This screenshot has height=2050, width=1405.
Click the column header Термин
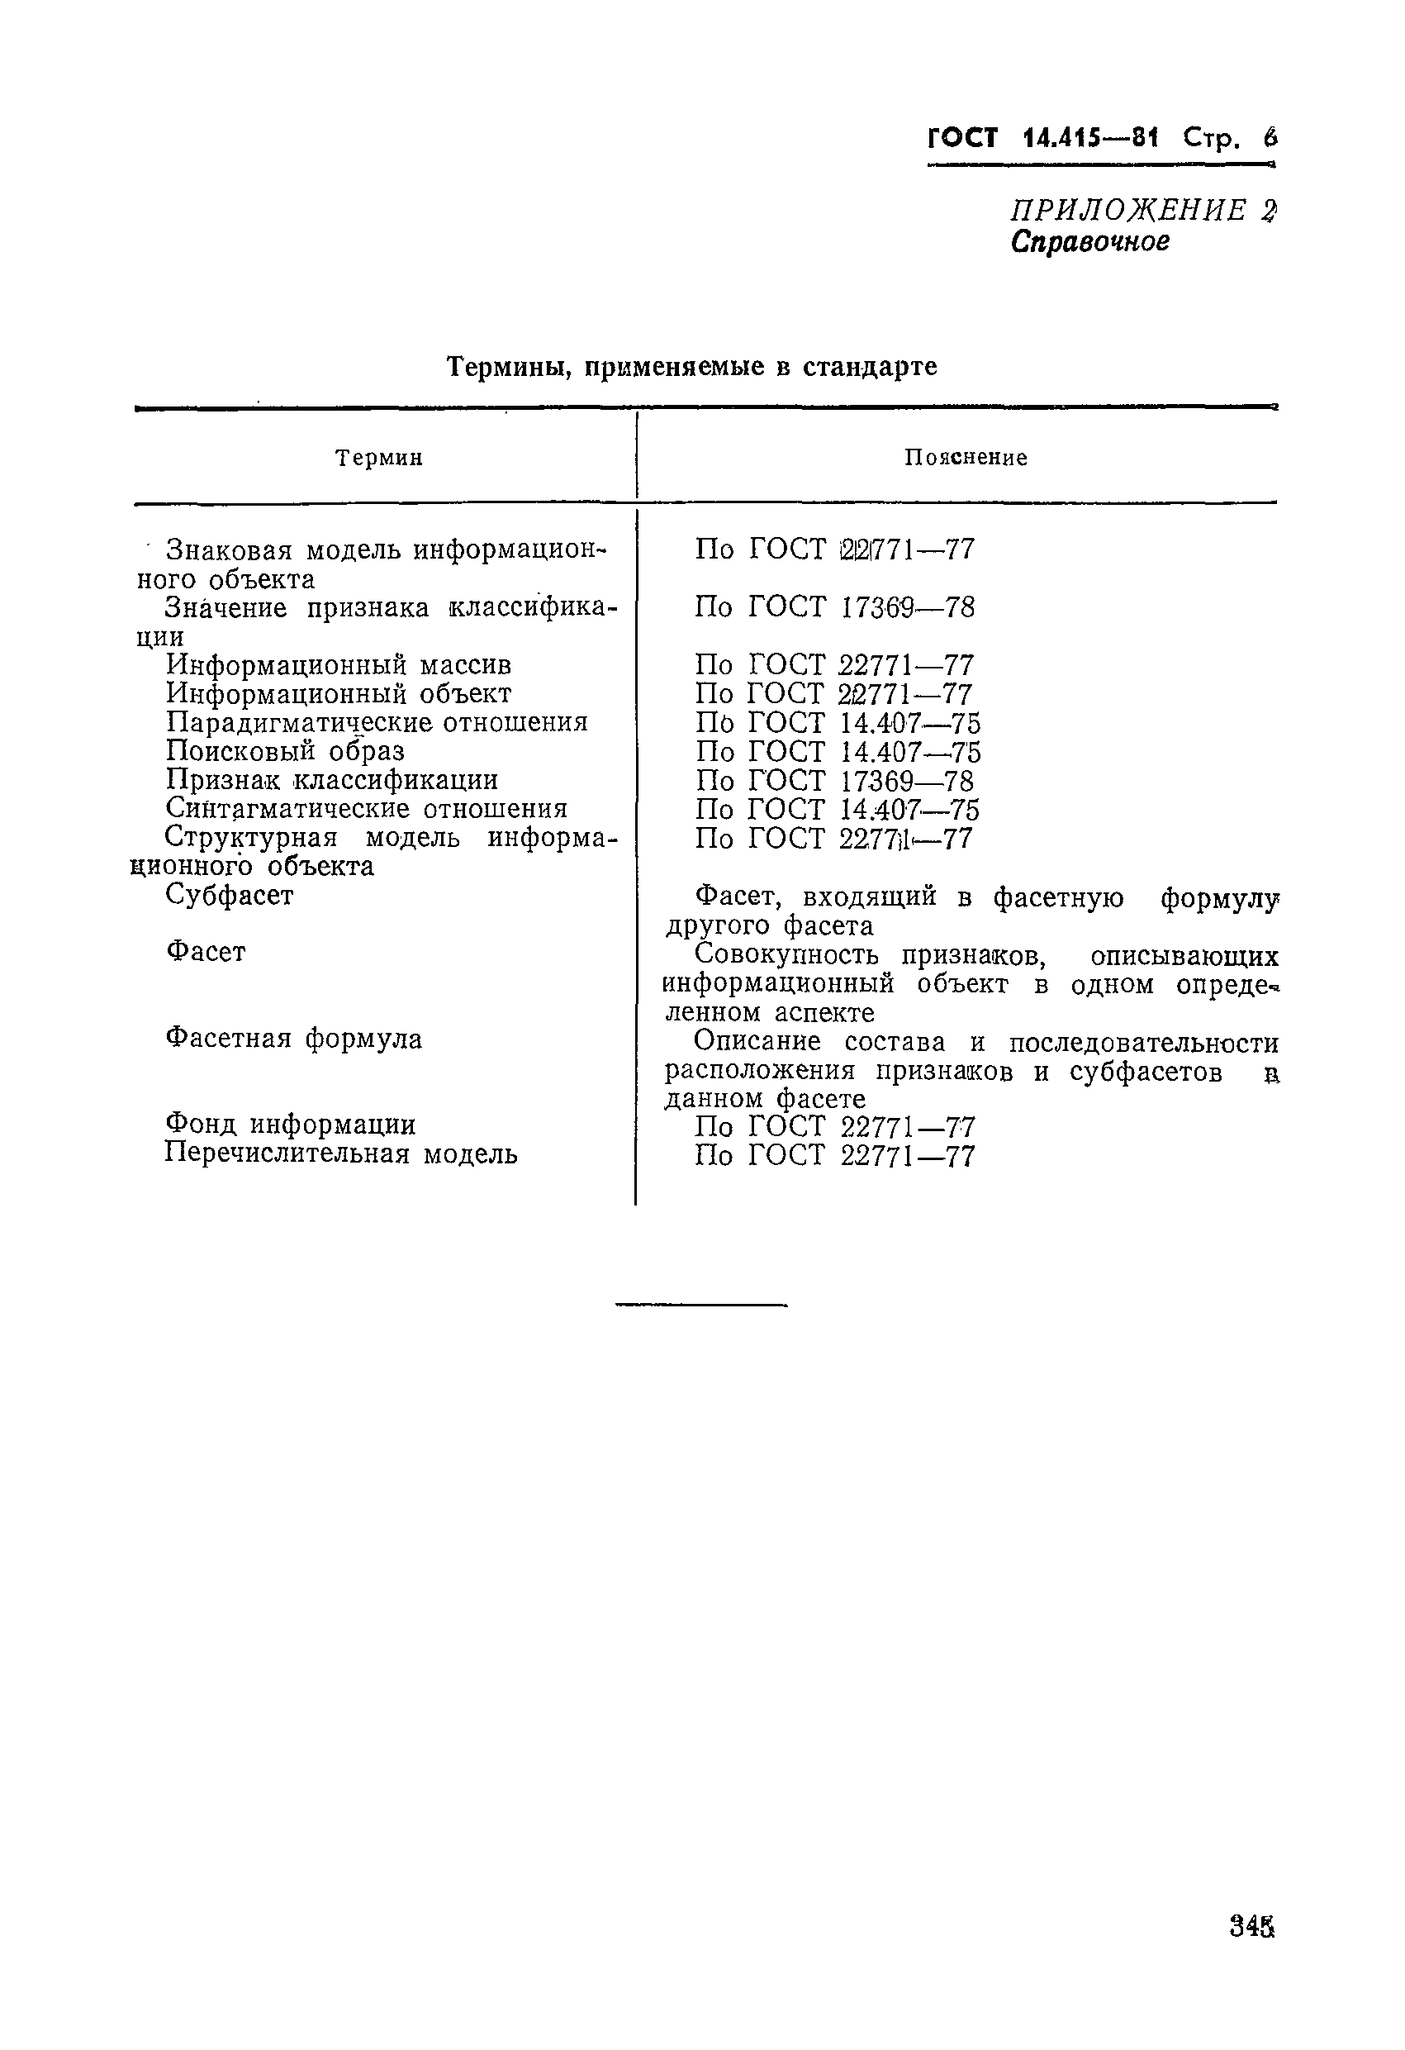tap(379, 458)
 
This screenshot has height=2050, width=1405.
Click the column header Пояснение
tap(966, 458)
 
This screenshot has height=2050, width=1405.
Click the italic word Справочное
tap(1090, 242)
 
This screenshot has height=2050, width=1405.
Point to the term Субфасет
tap(230, 896)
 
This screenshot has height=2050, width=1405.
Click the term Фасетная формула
tap(294, 1039)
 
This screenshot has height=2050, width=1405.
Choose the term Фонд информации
tap(290, 1125)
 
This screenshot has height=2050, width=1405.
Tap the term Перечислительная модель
tap(341, 1153)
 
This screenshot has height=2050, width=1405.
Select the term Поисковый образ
tap(285, 752)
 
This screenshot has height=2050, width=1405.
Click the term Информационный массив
tap(339, 665)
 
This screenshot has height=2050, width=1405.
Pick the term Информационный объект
tap(339, 694)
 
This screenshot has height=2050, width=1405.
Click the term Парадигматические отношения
tap(377, 723)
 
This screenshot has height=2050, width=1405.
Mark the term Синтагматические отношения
tap(366, 809)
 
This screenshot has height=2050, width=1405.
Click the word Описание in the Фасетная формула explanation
tap(757, 1042)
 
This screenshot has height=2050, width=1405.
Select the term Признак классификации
tap(331, 781)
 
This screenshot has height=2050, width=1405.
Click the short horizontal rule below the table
tap(701, 1305)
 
